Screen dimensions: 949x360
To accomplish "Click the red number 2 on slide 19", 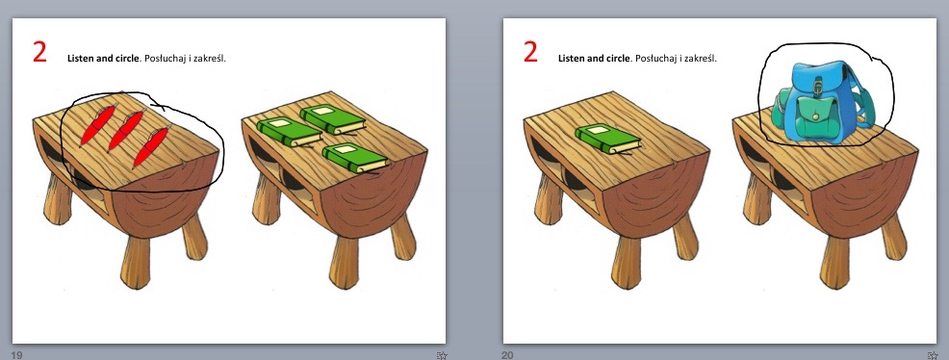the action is click(x=39, y=52).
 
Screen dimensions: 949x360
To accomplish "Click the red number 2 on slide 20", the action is click(x=530, y=52).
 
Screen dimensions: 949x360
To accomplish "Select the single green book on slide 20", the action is click(x=607, y=139).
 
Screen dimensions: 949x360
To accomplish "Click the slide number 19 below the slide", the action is click(x=17, y=354).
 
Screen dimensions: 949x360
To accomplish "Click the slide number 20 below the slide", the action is click(x=508, y=354).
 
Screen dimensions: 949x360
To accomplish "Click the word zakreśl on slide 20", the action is click(x=702, y=59).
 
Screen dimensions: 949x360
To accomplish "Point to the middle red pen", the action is click(x=125, y=131).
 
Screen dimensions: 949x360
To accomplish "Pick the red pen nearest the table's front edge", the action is click(x=151, y=147).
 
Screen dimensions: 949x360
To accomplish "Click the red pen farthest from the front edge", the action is click(x=97, y=125).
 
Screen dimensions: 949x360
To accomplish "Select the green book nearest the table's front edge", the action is click(x=354, y=158).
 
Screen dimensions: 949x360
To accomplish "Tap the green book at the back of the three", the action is click(x=332, y=119).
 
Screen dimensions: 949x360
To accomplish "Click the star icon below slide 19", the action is click(x=441, y=355).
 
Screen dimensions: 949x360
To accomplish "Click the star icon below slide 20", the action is click(x=932, y=355).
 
